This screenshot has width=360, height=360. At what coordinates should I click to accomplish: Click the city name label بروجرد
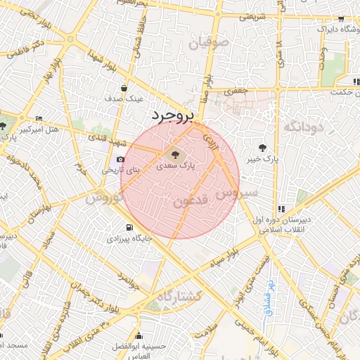pyautogui.click(x=171, y=115)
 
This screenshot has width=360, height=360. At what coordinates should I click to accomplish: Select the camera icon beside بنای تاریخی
pyautogui.click(x=121, y=160)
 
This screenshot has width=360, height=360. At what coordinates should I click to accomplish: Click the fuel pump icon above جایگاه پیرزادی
pyautogui.click(x=128, y=227)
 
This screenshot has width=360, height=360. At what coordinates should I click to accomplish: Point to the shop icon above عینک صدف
pyautogui.click(x=124, y=89)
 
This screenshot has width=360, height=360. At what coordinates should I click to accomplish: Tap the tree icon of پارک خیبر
pyautogui.click(x=262, y=148)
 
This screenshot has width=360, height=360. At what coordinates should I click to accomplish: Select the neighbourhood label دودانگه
pyautogui.click(x=302, y=127)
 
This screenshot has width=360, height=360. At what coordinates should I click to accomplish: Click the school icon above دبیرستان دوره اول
pyautogui.click(x=281, y=209)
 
